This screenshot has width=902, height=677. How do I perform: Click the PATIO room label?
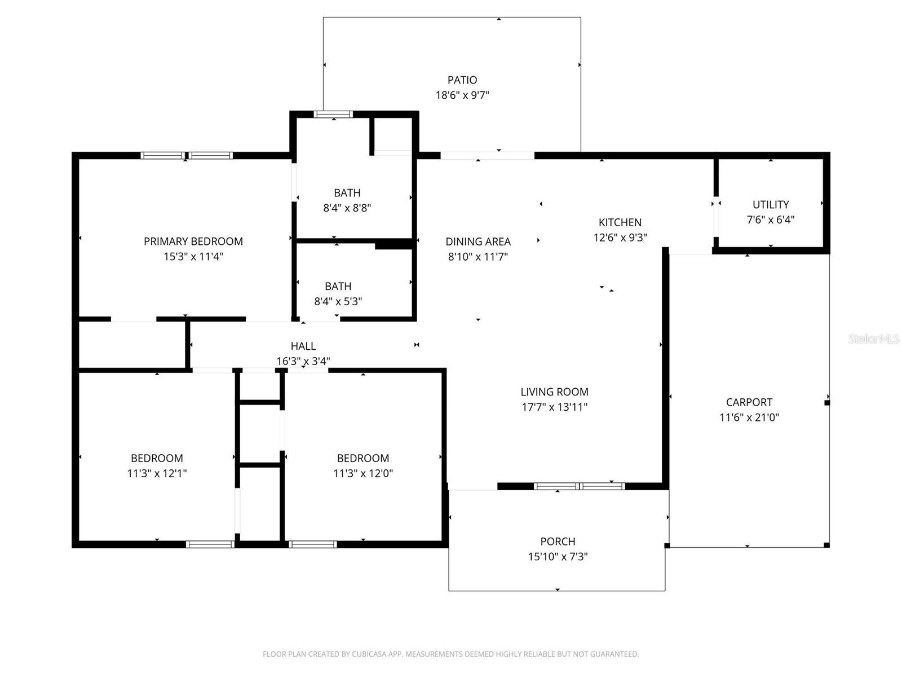click(x=462, y=80)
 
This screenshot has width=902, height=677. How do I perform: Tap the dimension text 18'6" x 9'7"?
click(x=462, y=95)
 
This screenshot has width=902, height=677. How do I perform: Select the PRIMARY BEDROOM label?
click(x=193, y=241)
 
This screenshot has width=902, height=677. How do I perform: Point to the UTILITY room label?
click(x=771, y=205)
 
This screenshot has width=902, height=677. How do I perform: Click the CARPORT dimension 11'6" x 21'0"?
click(x=749, y=417)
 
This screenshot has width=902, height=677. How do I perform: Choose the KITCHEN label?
click(x=620, y=222)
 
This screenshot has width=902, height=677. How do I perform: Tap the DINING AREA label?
click(x=478, y=241)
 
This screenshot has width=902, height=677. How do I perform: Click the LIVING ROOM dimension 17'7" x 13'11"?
click(x=555, y=407)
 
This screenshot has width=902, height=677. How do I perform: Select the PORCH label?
click(x=558, y=542)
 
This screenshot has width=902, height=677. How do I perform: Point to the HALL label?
click(x=303, y=346)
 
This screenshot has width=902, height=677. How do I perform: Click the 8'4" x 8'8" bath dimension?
click(x=347, y=208)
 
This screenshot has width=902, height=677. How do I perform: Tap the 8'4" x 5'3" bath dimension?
click(x=338, y=302)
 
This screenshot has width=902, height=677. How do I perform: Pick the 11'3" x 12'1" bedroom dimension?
click(x=157, y=473)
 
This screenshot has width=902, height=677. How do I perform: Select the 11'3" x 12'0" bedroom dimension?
click(x=363, y=473)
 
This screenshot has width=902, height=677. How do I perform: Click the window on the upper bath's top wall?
click(x=333, y=115)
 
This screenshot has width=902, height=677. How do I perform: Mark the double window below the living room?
click(x=580, y=486)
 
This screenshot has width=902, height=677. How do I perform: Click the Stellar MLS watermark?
click(x=873, y=339)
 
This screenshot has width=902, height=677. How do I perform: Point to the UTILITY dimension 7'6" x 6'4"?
click(x=771, y=220)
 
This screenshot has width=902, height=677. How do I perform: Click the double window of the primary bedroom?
click(x=187, y=156)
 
